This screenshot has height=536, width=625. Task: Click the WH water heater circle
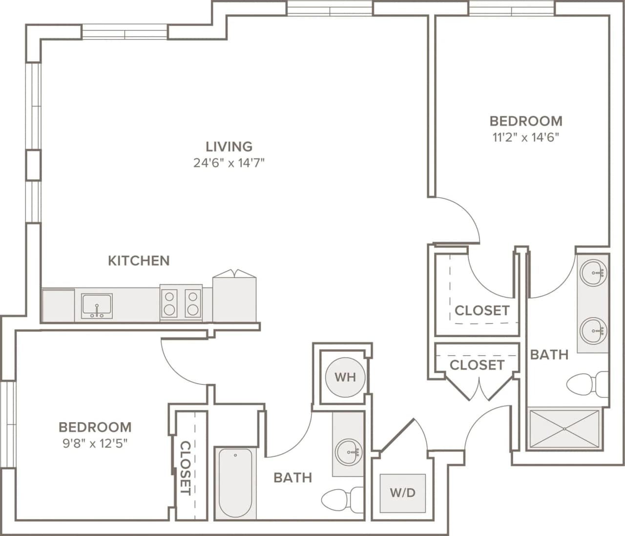click(x=345, y=377)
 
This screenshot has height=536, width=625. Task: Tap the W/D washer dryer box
click(x=402, y=493)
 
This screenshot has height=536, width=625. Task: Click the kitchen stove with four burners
click(x=181, y=303)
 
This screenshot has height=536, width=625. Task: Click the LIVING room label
click(x=229, y=147)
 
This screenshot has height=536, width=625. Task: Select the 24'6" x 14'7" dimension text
click(x=229, y=163)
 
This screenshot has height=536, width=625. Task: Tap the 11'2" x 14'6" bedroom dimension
click(x=525, y=137)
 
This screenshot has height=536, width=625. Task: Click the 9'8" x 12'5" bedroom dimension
click(x=95, y=443)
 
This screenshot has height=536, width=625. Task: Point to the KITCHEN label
click(x=139, y=260)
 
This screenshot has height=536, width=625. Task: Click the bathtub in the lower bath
click(x=235, y=483)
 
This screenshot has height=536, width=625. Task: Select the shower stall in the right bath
click(x=564, y=429)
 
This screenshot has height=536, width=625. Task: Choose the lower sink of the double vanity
click(x=594, y=331)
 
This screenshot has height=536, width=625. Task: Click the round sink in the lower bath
click(x=348, y=452)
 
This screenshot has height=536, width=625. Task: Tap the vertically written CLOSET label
click(x=186, y=468)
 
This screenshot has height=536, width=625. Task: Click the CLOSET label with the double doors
click(x=477, y=365)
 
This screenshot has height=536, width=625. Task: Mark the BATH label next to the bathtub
click(x=292, y=477)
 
